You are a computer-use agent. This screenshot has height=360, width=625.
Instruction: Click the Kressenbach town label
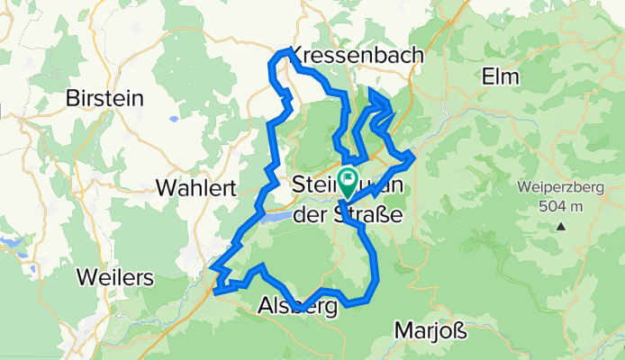(358, 56)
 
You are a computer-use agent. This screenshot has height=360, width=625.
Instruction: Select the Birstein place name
(104, 99)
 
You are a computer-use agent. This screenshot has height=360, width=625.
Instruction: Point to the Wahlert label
(195, 188)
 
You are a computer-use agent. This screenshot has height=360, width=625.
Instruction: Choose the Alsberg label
(297, 308)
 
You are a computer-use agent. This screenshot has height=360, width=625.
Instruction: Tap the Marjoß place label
(430, 331)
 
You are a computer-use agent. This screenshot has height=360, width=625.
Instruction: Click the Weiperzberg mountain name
(559, 189)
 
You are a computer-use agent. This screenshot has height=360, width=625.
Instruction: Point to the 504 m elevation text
(559, 205)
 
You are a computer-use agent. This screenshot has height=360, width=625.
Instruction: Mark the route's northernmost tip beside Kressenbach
(288, 50)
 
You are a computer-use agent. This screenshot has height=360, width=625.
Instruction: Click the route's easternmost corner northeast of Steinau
(412, 157)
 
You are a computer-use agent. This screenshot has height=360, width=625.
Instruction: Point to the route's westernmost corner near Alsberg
(213, 266)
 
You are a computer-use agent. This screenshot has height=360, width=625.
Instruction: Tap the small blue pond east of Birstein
(171, 119)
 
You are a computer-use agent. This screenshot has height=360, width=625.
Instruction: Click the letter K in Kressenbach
(298, 56)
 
